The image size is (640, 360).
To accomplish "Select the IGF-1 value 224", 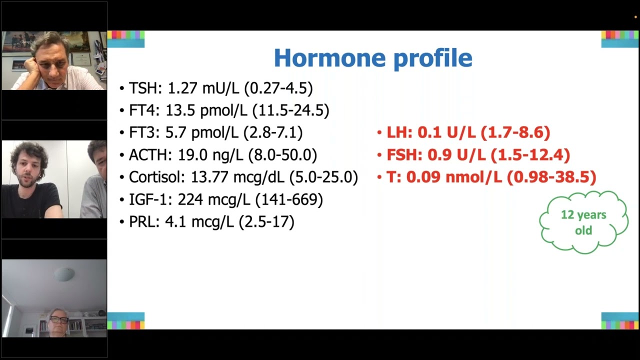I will pyautogui.click(x=190, y=199).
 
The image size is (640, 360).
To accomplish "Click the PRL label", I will pyautogui.click(x=143, y=221).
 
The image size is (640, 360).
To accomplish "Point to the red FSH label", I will pyautogui.click(x=403, y=155).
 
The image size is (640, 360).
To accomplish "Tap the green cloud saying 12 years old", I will pyautogui.click(x=583, y=222).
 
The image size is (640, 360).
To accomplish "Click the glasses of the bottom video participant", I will pyautogui.click(x=58, y=320).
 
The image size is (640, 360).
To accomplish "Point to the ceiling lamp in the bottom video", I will pyautogui.click(x=65, y=274).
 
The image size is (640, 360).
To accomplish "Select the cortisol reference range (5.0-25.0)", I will pyautogui.click(x=323, y=177).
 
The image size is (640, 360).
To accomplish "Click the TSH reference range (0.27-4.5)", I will pyautogui.click(x=278, y=88).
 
